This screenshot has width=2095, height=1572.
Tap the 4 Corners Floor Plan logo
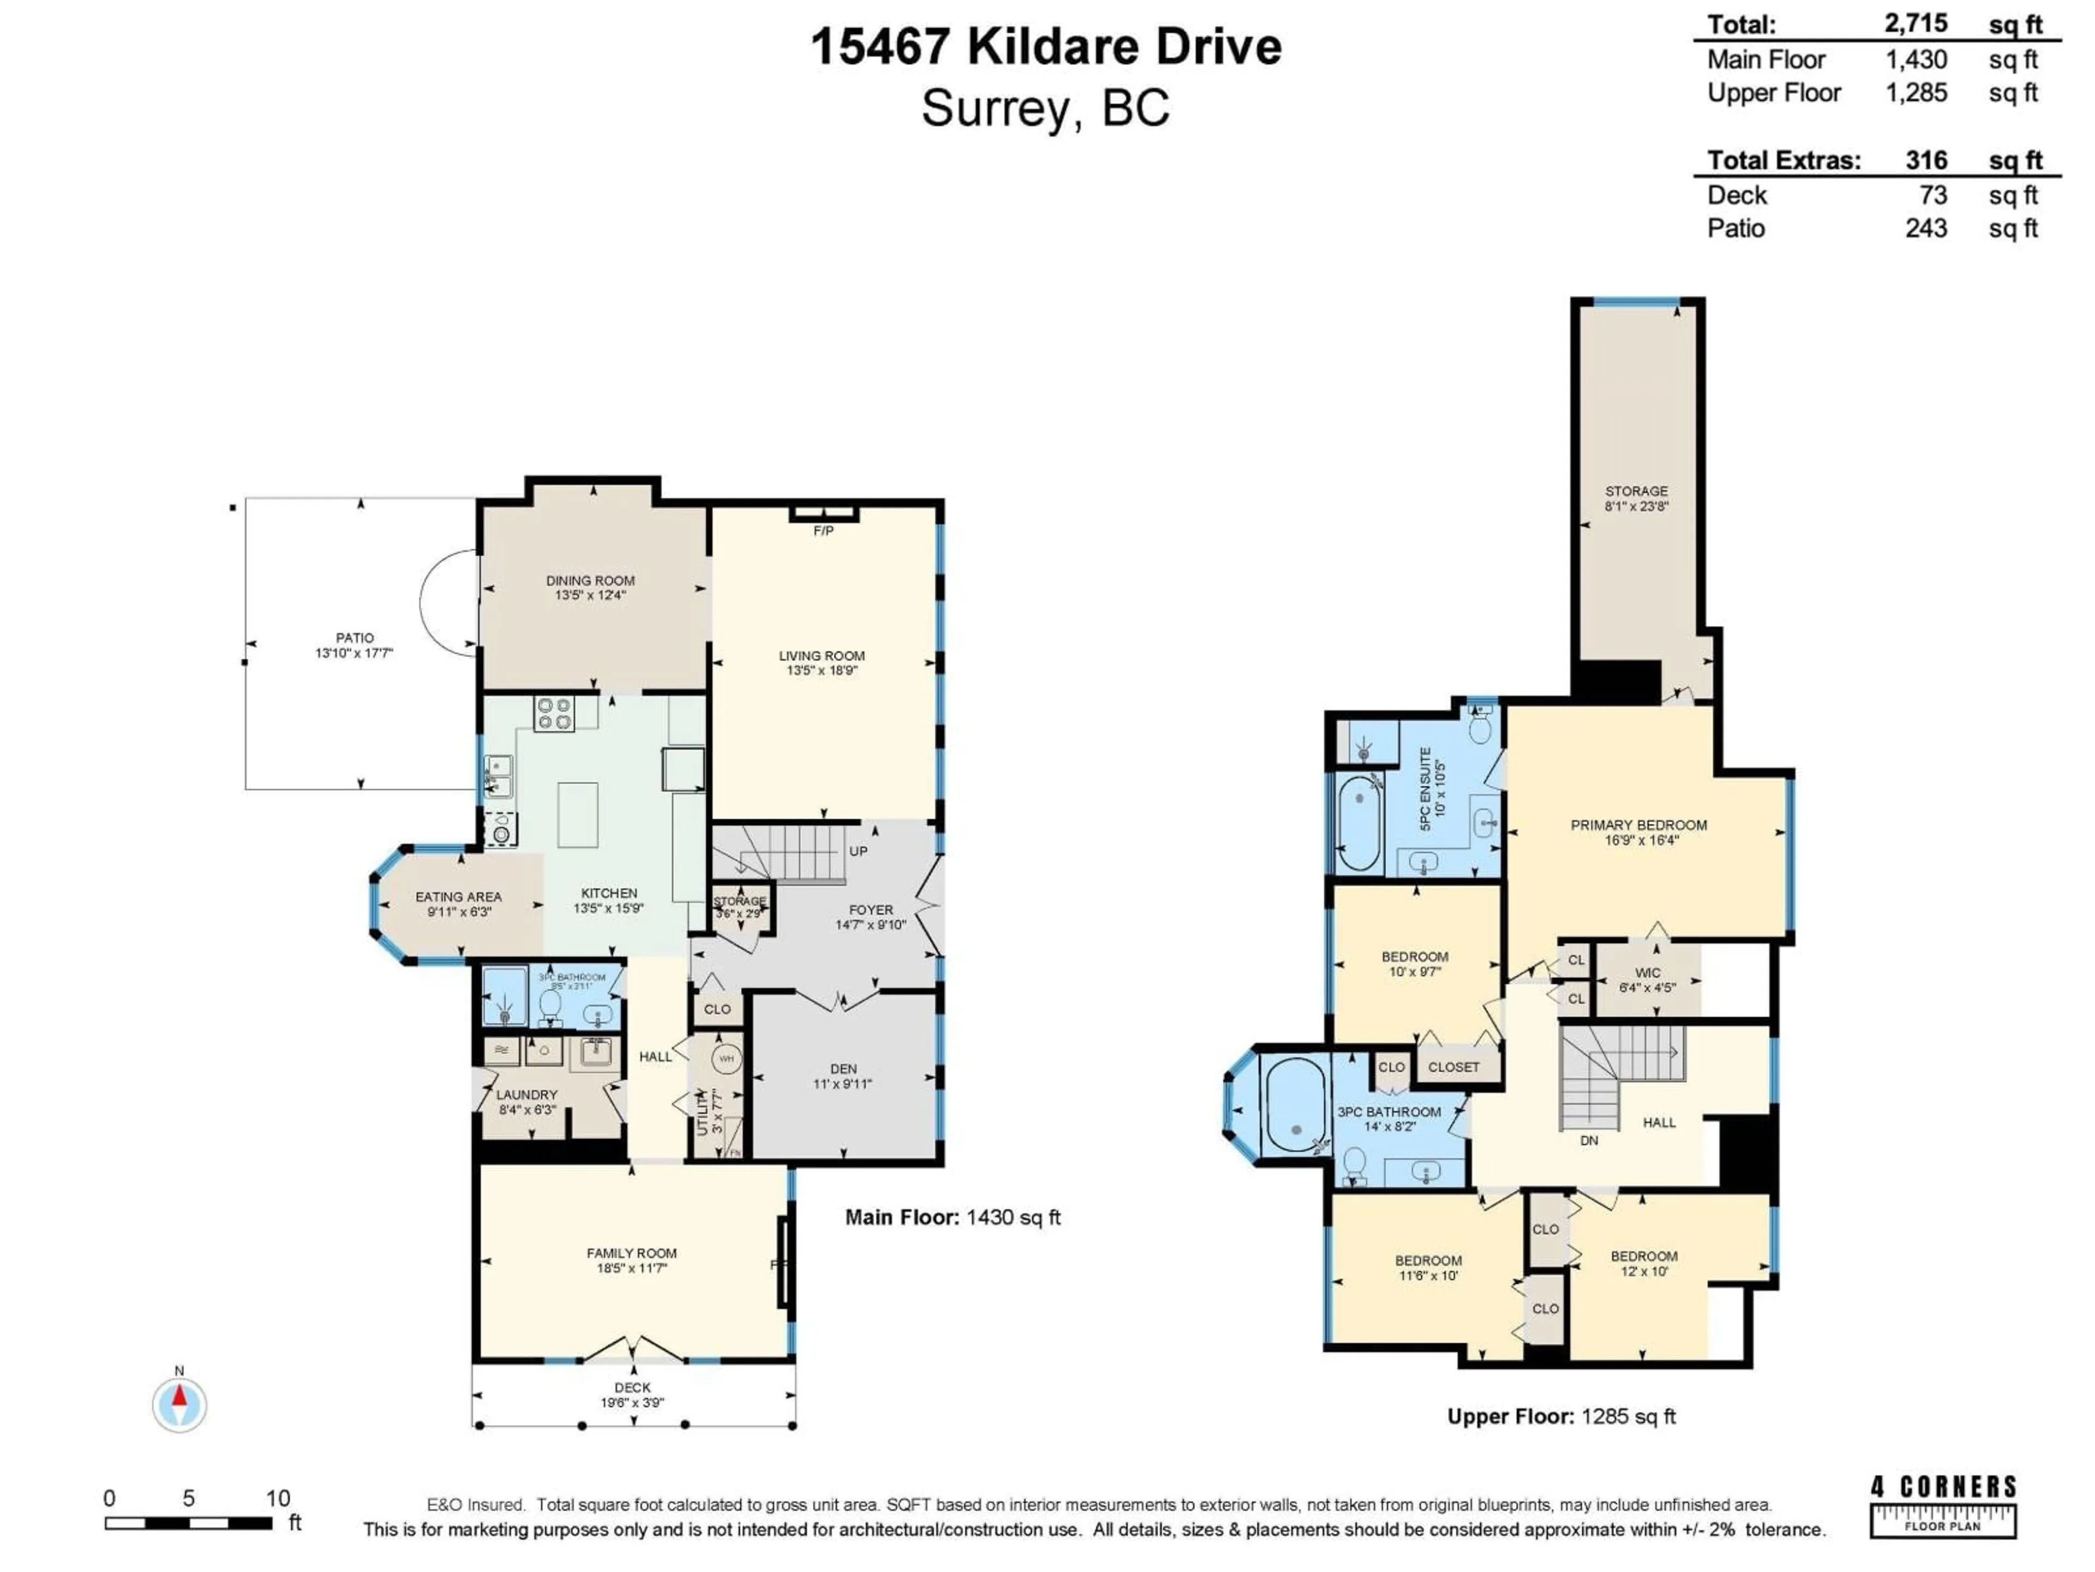click(x=1943, y=1505)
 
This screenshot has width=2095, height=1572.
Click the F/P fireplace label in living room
click(x=823, y=531)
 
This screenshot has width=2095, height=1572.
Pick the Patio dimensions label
click(x=354, y=653)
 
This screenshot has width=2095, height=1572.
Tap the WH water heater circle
click(x=727, y=1058)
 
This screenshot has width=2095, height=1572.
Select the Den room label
click(x=843, y=1069)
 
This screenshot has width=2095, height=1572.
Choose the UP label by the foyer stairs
click(x=858, y=851)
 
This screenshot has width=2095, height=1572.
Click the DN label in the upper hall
click(x=1589, y=1141)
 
